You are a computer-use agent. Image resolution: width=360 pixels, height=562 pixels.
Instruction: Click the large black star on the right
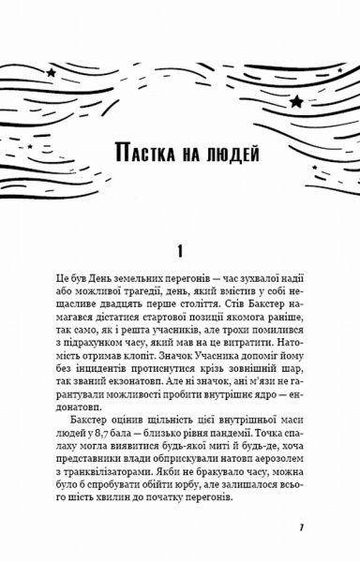tap(296, 100)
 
